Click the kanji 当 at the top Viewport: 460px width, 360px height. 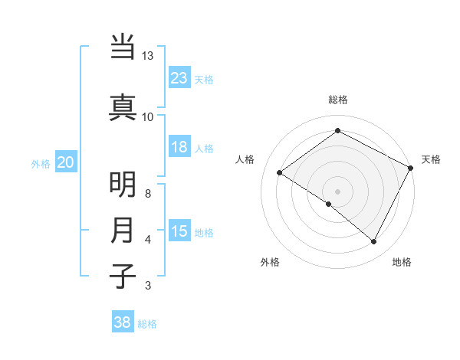point(123,48)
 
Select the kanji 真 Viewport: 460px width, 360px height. point(123,106)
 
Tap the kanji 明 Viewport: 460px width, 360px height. point(123,185)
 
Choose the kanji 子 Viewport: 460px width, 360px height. point(123,275)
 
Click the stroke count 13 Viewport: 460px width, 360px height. point(148,56)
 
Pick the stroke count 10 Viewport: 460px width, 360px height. point(148,116)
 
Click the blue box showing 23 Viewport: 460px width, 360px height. point(179,78)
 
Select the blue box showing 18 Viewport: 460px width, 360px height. point(179,147)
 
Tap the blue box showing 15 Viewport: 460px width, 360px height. point(179,231)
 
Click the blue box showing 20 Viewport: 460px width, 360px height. point(66,162)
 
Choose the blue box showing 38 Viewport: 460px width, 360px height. point(123,322)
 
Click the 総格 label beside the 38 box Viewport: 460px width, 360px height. point(147,324)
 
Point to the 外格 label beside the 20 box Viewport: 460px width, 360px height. point(41,163)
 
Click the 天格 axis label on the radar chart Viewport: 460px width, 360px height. point(431,159)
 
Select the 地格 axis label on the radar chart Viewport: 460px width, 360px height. point(402,262)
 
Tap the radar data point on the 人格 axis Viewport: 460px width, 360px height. point(280,173)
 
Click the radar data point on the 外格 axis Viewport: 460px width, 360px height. point(329,204)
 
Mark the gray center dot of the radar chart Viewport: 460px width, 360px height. point(337,191)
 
